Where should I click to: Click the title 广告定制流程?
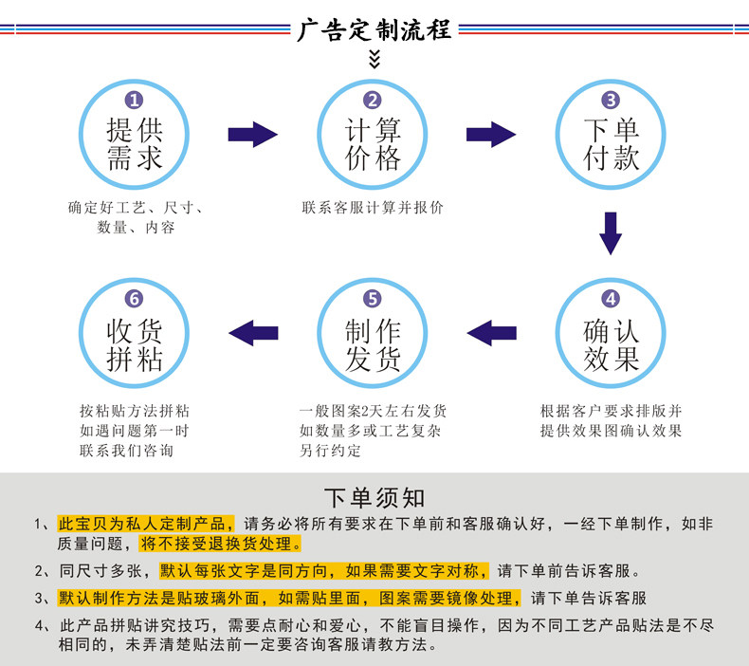pos(374,29)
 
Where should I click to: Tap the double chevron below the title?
pos(374,58)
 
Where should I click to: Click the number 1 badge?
pos(134,100)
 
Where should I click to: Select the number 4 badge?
pos(611,298)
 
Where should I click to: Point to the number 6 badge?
pos(134,298)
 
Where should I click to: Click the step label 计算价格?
pos(373,144)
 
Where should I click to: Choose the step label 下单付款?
pos(611,144)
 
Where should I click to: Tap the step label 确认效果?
pos(611,345)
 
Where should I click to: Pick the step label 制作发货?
pos(373,345)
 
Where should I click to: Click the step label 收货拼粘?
pos(135,345)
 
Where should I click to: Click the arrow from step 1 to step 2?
pos(253,135)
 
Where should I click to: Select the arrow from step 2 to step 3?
pos(491,135)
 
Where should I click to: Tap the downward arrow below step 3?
pos(611,233)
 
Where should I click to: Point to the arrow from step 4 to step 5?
pos(491,333)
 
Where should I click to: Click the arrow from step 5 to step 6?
pos(253,333)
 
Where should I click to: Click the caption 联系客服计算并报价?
pos(373,208)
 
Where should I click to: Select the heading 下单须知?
pos(374,498)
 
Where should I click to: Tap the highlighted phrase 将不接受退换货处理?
pos(221,544)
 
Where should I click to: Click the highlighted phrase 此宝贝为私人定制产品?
pos(146,524)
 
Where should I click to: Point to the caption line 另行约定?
pos(330,451)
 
